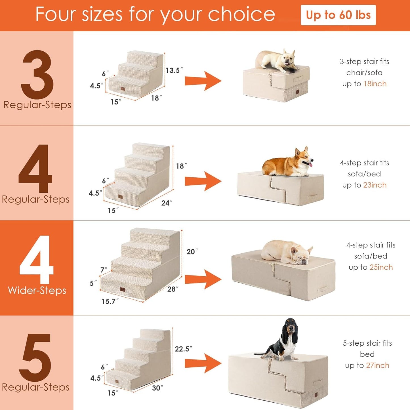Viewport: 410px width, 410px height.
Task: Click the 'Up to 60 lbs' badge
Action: click(x=338, y=15)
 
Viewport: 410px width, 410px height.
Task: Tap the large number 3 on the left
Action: click(x=37, y=74)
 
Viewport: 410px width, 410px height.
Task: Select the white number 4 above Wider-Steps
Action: click(x=37, y=259)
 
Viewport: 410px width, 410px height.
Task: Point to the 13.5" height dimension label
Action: click(x=174, y=70)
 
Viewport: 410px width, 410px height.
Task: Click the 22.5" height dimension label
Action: click(x=183, y=349)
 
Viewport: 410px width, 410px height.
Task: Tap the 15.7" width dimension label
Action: click(x=110, y=301)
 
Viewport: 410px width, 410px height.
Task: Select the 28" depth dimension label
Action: click(x=173, y=289)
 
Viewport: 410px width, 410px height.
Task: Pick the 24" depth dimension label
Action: click(x=167, y=203)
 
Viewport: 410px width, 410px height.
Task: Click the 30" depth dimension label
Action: click(x=157, y=388)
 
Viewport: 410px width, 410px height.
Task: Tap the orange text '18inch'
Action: click(x=375, y=84)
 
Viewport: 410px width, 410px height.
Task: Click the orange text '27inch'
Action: click(x=377, y=365)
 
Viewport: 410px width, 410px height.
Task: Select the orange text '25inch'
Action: click(x=381, y=267)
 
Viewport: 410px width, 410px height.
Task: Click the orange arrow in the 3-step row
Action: click(x=203, y=81)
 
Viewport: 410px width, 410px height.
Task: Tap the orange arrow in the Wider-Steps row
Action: click(x=203, y=279)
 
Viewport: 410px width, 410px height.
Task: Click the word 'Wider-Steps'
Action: click(x=37, y=290)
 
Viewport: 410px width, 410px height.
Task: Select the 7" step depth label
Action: click(x=104, y=270)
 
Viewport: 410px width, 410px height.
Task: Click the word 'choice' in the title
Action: click(x=241, y=14)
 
